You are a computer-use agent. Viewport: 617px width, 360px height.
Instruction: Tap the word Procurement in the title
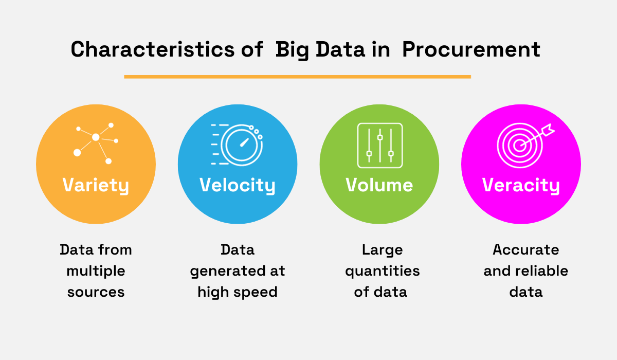[x=471, y=50]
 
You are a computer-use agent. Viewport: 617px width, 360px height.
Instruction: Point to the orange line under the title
[x=297, y=77]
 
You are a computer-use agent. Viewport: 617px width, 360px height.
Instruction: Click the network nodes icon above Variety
[x=96, y=142]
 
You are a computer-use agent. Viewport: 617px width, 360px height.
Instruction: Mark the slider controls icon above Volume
[x=379, y=146]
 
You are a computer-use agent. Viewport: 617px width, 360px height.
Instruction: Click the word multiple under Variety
[x=96, y=271]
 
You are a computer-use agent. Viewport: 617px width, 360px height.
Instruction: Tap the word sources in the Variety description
[x=96, y=292]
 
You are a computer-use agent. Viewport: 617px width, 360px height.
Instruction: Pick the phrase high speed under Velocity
[x=238, y=292]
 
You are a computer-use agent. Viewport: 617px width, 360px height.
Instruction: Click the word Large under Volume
[x=382, y=250]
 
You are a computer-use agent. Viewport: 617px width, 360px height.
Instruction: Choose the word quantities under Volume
[x=382, y=271]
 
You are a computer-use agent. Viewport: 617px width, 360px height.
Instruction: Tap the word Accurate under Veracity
[x=525, y=250]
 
